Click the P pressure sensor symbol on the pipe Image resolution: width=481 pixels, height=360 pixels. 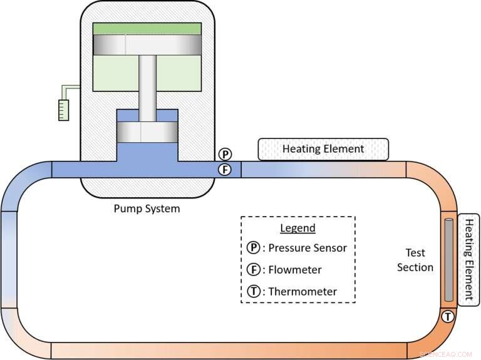pos(225,154)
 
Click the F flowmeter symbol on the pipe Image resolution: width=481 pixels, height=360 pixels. pos(225,169)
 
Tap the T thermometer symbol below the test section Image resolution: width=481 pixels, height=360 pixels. pos(448,317)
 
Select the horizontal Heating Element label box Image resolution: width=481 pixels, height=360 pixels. pos(323,149)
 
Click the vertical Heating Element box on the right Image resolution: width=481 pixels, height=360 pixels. pos(469,259)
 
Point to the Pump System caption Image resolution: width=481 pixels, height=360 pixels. pos(147,208)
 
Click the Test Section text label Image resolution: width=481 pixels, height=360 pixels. pos(415,260)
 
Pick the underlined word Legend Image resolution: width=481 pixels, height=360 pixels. pos(297,228)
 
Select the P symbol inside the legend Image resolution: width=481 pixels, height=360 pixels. pos(253,248)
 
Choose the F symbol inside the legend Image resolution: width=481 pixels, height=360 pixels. pos(253,270)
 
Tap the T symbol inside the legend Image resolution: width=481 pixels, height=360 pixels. pos(253,291)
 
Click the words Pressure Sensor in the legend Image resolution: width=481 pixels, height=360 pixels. pos(308,248)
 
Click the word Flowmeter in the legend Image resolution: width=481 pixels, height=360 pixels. pos(296,270)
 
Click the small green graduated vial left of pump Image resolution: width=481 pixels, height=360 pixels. pos(62,110)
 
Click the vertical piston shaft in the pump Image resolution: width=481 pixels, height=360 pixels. pos(147,88)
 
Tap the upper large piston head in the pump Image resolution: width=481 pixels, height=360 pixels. pos(147,44)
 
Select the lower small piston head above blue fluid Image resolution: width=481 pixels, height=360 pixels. pos(147,132)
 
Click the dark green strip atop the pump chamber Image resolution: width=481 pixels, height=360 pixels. pos(147,29)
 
